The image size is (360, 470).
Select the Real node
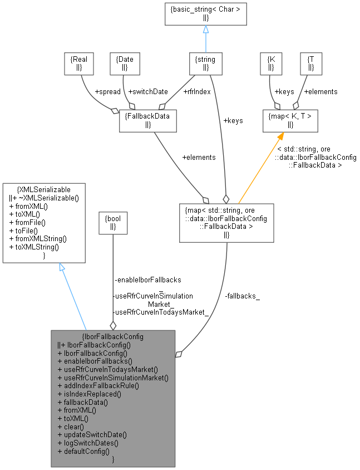coord(79,63)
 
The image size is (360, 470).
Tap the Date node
coord(125,63)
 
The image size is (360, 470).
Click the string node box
coord(205,63)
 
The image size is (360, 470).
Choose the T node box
coord(310,63)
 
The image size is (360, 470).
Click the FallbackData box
coord(147,120)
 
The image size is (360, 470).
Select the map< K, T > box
coord(290,120)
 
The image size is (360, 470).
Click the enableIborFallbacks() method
coord(98,360)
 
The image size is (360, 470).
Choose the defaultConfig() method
coord(87,451)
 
